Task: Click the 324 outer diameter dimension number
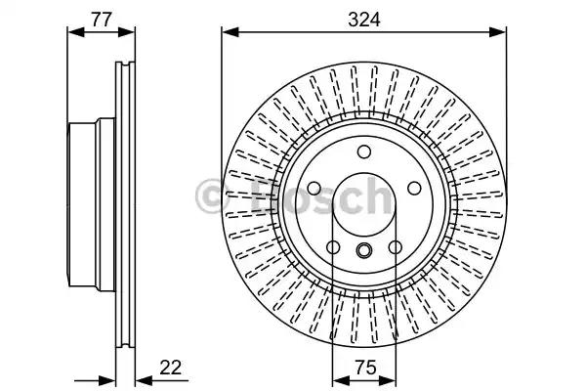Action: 363,20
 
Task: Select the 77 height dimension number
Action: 102,20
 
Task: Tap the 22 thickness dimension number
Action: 170,368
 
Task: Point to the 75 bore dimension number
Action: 365,368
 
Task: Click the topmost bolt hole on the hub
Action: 364,152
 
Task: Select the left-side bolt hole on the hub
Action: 314,189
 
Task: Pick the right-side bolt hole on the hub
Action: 414,189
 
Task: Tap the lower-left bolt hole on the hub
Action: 333,247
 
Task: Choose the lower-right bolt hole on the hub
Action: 395,247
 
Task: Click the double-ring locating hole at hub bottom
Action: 363,250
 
